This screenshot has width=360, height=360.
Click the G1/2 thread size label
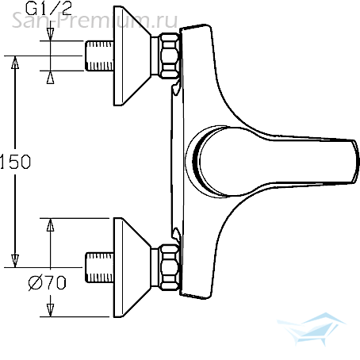click(x=48, y=9)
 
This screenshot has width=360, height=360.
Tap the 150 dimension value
click(x=15, y=162)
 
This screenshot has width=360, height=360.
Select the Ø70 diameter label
click(x=48, y=282)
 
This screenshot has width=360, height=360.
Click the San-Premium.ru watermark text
click(x=94, y=21)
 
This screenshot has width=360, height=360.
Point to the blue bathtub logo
click(x=311, y=328)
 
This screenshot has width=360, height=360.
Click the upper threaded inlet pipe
click(x=99, y=56)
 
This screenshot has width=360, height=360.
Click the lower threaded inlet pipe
click(x=99, y=267)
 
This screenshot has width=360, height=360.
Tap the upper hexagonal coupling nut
click(x=170, y=56)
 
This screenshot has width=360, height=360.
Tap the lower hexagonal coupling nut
click(x=170, y=267)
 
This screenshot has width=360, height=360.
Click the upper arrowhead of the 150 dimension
click(x=15, y=62)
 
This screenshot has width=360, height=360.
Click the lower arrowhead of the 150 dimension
click(x=15, y=261)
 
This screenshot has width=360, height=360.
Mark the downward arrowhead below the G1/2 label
click(x=50, y=34)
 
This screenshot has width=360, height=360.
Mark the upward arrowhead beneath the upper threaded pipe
click(x=50, y=77)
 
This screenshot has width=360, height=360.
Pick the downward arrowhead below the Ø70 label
click(x=50, y=310)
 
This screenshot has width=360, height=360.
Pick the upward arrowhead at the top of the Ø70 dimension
click(x=50, y=224)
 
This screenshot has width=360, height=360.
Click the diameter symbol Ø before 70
click(x=35, y=283)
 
